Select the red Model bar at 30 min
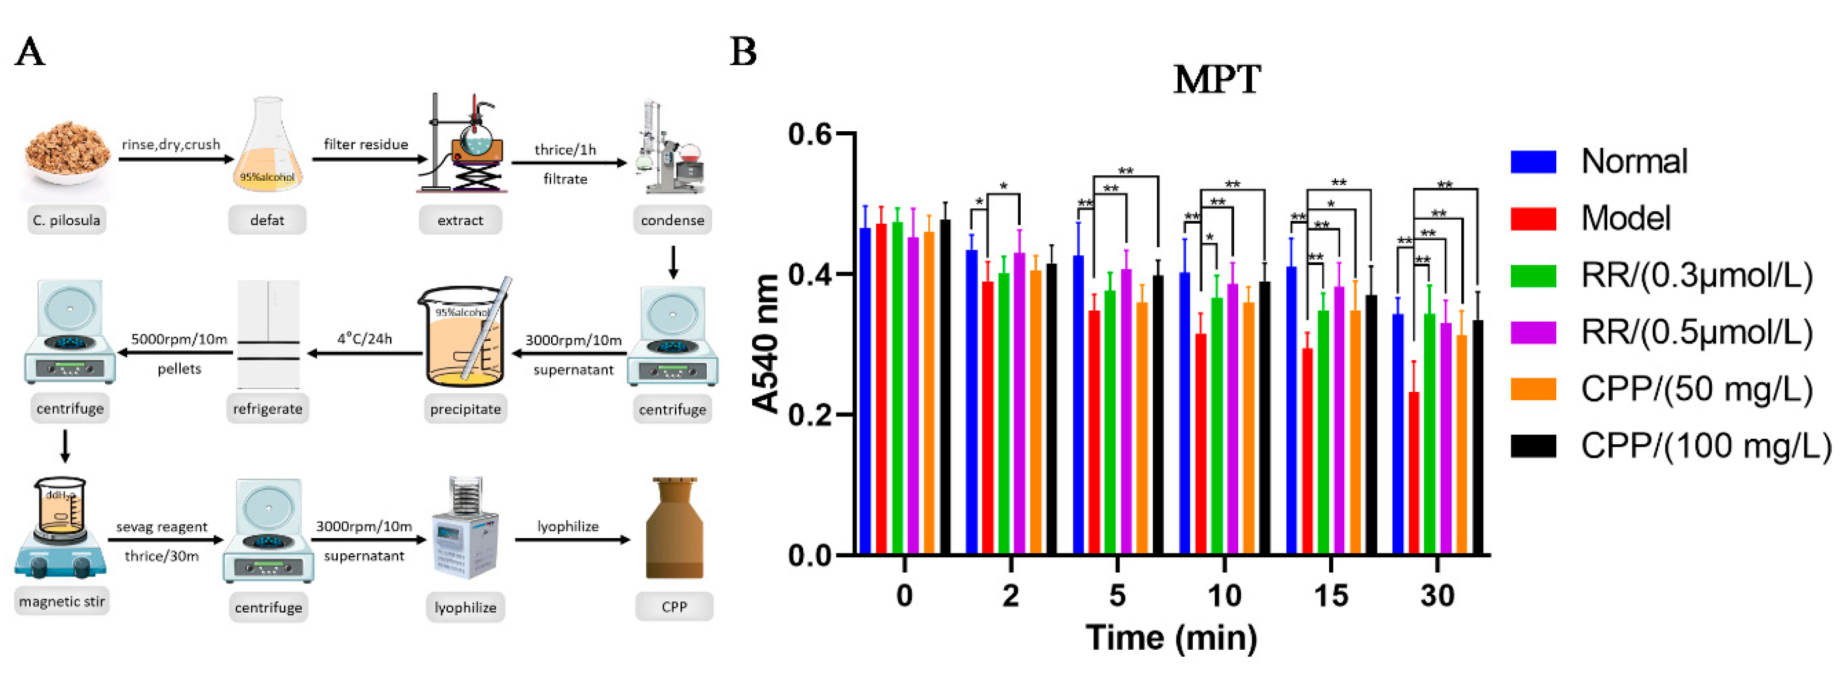pos(1414,473)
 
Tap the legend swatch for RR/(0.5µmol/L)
pos(1533,333)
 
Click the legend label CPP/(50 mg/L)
pos(1696,389)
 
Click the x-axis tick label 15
pos(1331,595)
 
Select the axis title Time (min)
pos(1171,637)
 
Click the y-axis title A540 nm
pos(765,344)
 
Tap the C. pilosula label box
pos(67,220)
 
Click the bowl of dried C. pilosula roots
pos(67,154)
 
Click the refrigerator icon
pos(268,334)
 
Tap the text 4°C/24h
pos(365,338)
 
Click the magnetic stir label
pos(62,601)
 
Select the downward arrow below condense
pos(672,262)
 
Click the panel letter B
pos(743,51)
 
